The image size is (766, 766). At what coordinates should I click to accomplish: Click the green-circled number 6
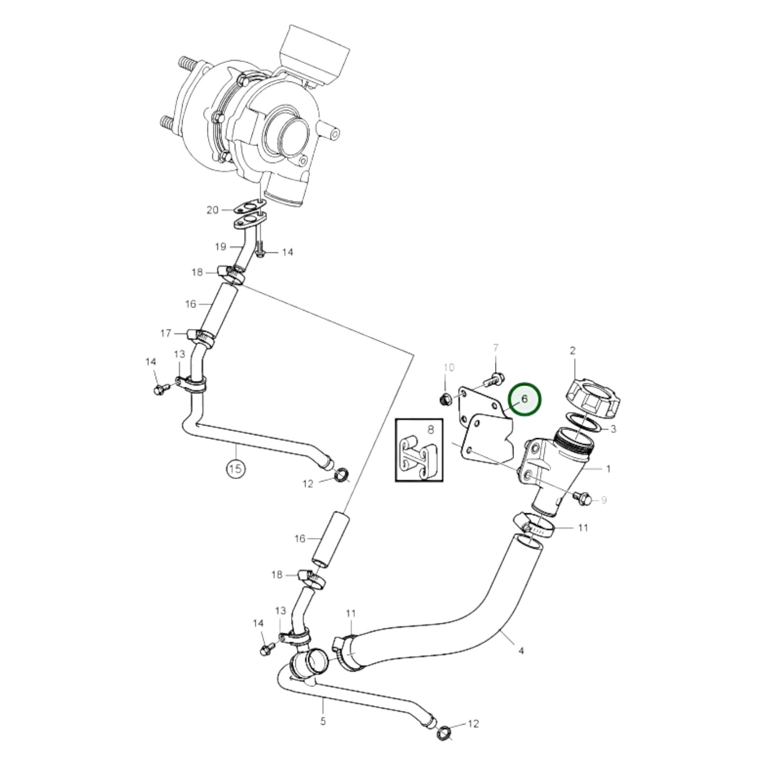(524, 399)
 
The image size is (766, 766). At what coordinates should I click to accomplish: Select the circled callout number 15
(236, 468)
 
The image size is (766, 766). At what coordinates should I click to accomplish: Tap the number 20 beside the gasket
(212, 210)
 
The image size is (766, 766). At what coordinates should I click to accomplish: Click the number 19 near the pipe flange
(221, 246)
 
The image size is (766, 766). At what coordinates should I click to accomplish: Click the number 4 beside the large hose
(521, 650)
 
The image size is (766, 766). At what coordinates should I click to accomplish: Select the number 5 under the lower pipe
(323, 721)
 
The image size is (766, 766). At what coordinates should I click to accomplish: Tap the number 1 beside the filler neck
(608, 469)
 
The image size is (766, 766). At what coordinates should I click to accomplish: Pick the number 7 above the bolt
(496, 348)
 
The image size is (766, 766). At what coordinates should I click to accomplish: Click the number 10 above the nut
(448, 367)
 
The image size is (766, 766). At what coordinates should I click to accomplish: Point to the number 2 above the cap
(573, 350)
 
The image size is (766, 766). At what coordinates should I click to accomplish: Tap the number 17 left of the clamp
(166, 333)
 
